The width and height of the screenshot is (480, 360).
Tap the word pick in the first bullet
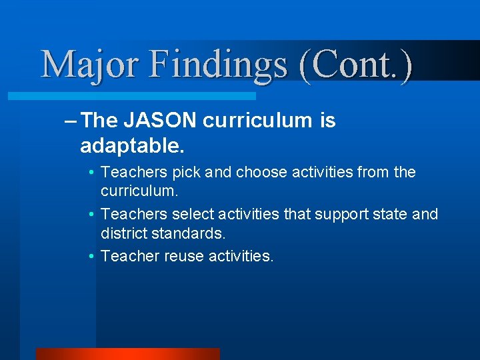pos(187,173)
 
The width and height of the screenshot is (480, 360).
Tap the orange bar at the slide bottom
pos(127,353)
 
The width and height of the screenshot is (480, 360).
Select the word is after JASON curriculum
pos(327,121)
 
